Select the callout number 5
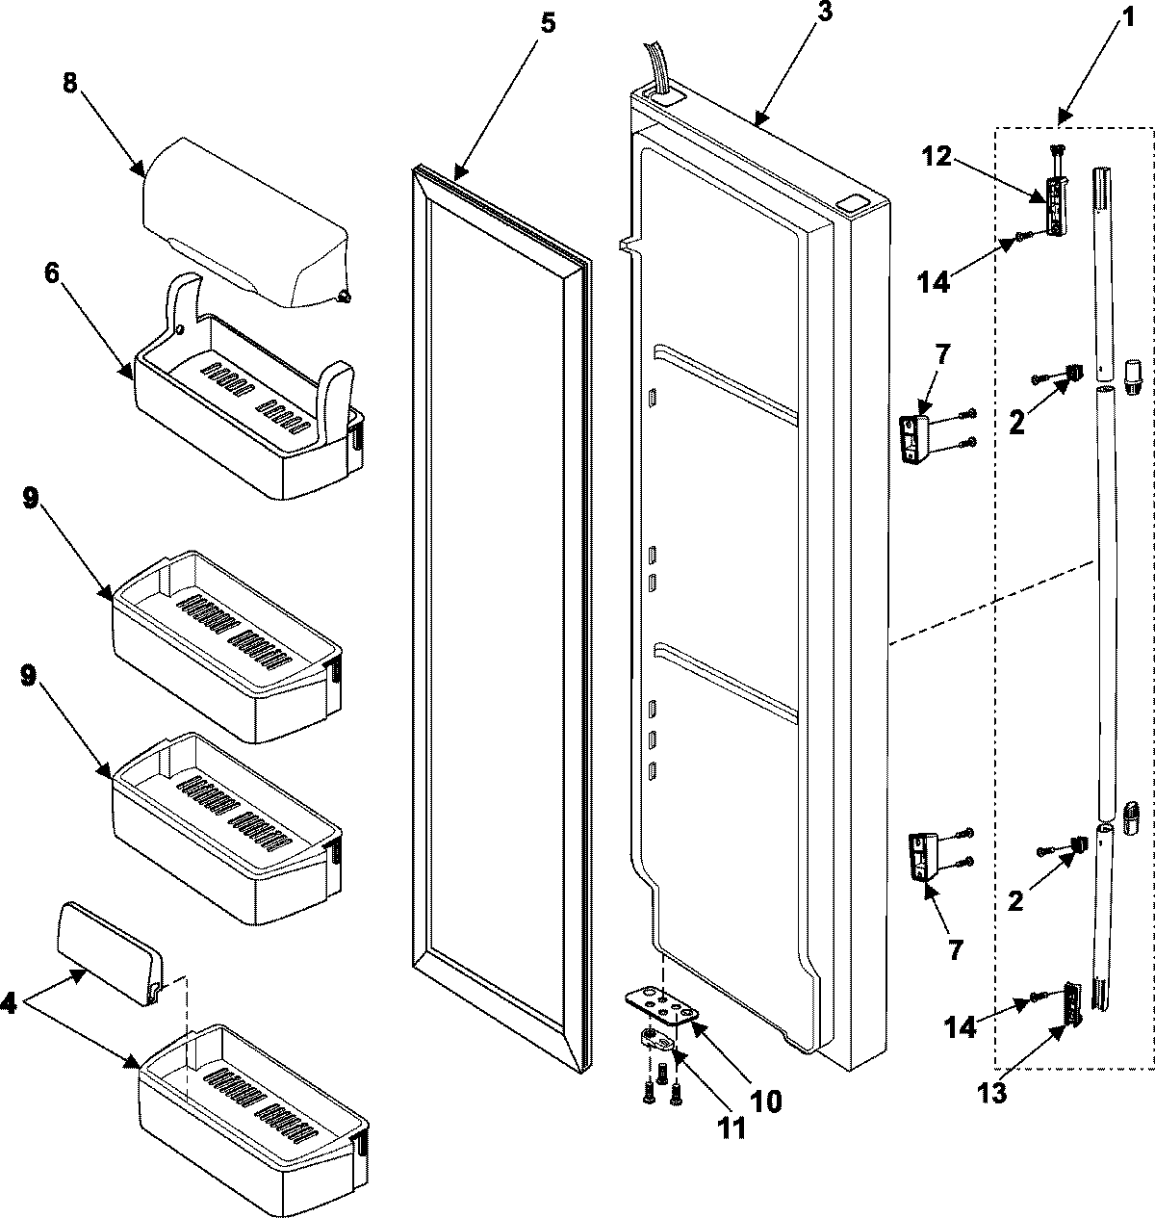547,23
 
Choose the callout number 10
767,1101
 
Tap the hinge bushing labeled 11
655,1038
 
